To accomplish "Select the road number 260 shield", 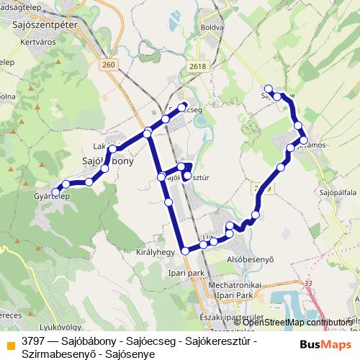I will [108, 66].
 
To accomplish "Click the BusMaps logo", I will [325, 343].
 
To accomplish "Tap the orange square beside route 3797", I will [10, 344].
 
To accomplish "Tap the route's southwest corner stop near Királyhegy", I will [185, 251].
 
